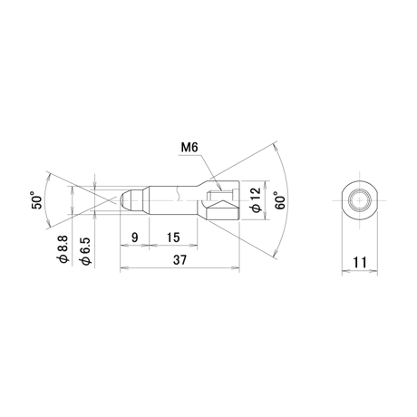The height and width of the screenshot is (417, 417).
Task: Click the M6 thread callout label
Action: [189, 148]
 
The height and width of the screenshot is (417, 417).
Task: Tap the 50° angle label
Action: [36, 200]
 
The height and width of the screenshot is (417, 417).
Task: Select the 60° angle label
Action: [279, 200]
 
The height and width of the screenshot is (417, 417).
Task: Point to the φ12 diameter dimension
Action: [256, 199]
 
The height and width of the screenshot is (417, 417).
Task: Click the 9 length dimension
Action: [135, 238]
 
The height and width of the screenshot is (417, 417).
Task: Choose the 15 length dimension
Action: [173, 238]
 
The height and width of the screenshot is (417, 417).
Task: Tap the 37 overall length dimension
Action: [179, 259]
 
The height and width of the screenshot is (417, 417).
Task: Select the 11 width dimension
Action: [360, 262]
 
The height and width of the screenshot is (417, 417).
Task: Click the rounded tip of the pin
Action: [123, 199]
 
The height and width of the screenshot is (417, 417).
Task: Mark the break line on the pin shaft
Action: [179, 193]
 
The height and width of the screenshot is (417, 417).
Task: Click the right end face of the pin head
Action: [239, 200]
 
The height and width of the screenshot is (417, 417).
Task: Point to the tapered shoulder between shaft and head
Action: [202, 183]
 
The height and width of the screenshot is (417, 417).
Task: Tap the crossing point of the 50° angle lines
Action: [108, 200]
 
